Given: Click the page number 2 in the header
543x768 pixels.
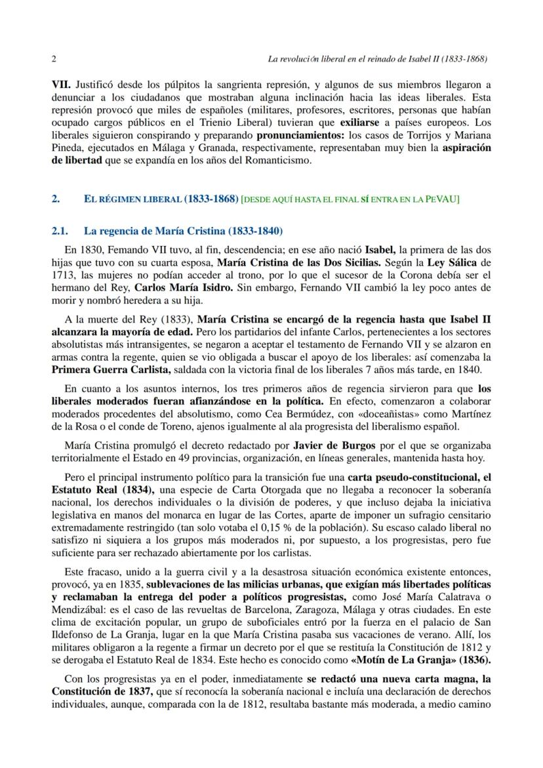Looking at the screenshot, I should (x=54, y=58).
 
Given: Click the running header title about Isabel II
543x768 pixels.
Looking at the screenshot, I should (x=377, y=58).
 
